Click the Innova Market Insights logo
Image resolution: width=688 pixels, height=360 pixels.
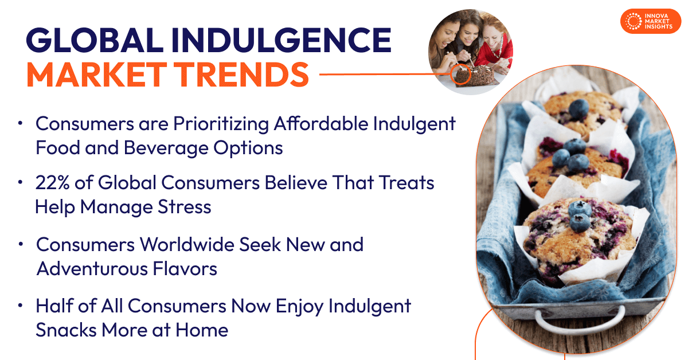click(x=650, y=21)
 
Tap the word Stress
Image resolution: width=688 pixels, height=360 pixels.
click(x=183, y=207)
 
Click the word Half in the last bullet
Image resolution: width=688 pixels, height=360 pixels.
click(x=54, y=306)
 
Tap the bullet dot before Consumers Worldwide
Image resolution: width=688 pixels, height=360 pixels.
click(x=21, y=244)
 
